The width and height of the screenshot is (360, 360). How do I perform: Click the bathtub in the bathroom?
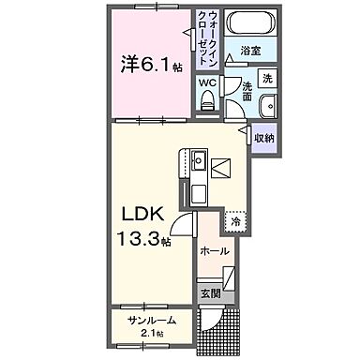[x=250, y=25]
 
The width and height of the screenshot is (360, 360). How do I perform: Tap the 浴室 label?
[x=250, y=50]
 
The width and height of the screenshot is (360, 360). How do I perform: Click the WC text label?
[x=207, y=82]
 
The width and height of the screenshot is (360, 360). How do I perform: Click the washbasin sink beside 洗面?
[x=266, y=104]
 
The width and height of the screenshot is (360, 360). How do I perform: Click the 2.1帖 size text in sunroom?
[x=152, y=334]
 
